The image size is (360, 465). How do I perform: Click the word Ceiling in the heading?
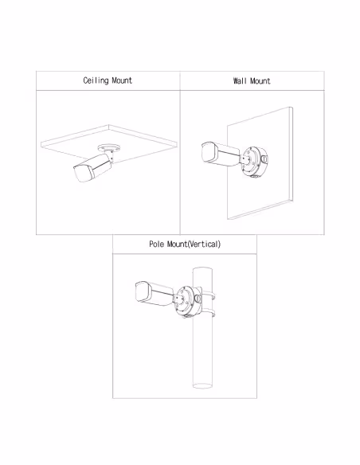click(96, 80)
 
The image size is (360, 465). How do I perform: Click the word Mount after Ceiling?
click(122, 80)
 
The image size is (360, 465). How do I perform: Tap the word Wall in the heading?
click(240, 81)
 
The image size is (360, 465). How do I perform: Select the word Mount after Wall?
click(260, 81)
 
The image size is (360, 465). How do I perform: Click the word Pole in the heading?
click(156, 244)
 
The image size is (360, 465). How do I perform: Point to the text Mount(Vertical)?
click(194, 244)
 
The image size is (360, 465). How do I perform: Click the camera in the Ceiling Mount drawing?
click(92, 167)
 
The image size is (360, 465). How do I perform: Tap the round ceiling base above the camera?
click(109, 147)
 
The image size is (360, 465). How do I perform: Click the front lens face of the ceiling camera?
click(84, 174)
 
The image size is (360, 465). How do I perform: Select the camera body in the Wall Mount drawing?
click(221, 154)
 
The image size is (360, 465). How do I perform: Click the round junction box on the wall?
click(253, 162)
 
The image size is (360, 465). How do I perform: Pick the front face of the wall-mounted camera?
click(209, 153)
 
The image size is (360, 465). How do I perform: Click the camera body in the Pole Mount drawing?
click(154, 293)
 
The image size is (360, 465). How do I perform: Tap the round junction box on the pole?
click(187, 301)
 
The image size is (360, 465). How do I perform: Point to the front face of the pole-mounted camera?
click(143, 292)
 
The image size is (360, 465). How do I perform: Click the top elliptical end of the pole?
click(202, 268)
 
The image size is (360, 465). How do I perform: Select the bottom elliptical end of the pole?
click(202, 385)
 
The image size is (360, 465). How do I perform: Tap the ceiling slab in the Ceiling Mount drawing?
click(109, 143)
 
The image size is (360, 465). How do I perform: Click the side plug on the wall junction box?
click(264, 159)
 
